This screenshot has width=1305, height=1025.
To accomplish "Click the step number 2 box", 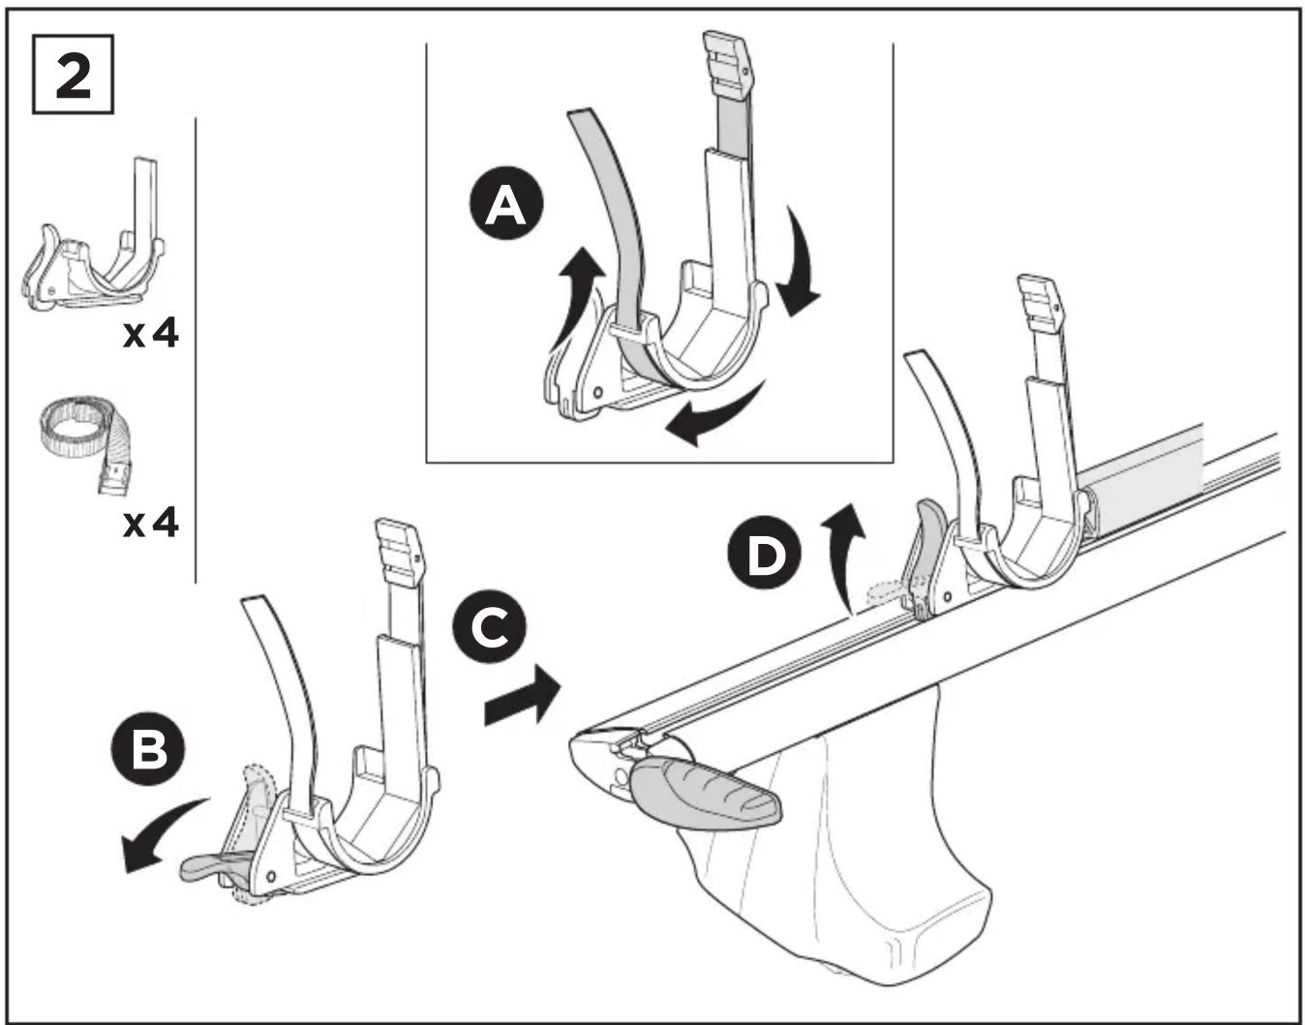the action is (73, 75).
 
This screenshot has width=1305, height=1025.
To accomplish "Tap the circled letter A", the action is (506, 204).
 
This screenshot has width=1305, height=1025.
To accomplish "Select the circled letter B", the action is (149, 749).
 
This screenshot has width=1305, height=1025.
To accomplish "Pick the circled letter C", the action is (490, 626).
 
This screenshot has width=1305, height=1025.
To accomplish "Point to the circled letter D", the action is (765, 553).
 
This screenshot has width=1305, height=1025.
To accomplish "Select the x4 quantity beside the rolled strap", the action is (151, 523).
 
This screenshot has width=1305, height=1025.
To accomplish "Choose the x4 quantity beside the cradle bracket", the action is (151, 334).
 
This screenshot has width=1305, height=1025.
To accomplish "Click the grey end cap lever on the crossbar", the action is (706, 794).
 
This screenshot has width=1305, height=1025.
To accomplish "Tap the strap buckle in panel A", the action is (728, 66).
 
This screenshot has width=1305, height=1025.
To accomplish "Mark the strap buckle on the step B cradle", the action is (401, 552).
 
